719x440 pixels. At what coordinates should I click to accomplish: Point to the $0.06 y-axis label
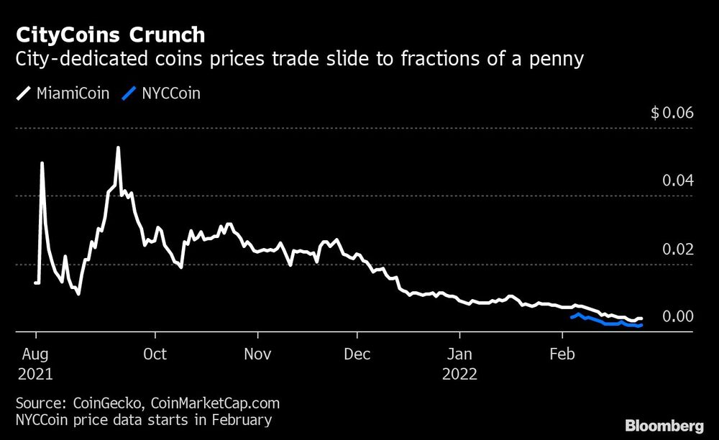click(672, 113)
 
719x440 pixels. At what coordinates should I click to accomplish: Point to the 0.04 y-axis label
click(677, 180)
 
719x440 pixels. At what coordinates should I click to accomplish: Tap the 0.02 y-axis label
click(677, 249)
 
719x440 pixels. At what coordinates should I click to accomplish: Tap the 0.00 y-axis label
click(677, 316)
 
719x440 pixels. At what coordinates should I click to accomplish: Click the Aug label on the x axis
click(36, 354)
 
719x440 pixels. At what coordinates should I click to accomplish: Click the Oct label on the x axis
click(155, 354)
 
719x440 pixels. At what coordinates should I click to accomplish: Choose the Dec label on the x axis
click(357, 354)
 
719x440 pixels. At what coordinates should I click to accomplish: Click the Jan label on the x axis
click(459, 354)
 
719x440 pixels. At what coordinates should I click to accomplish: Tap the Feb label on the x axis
click(561, 354)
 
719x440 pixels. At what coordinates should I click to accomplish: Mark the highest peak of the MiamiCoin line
click(118, 148)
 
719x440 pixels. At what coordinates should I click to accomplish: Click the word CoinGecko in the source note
click(99, 403)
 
